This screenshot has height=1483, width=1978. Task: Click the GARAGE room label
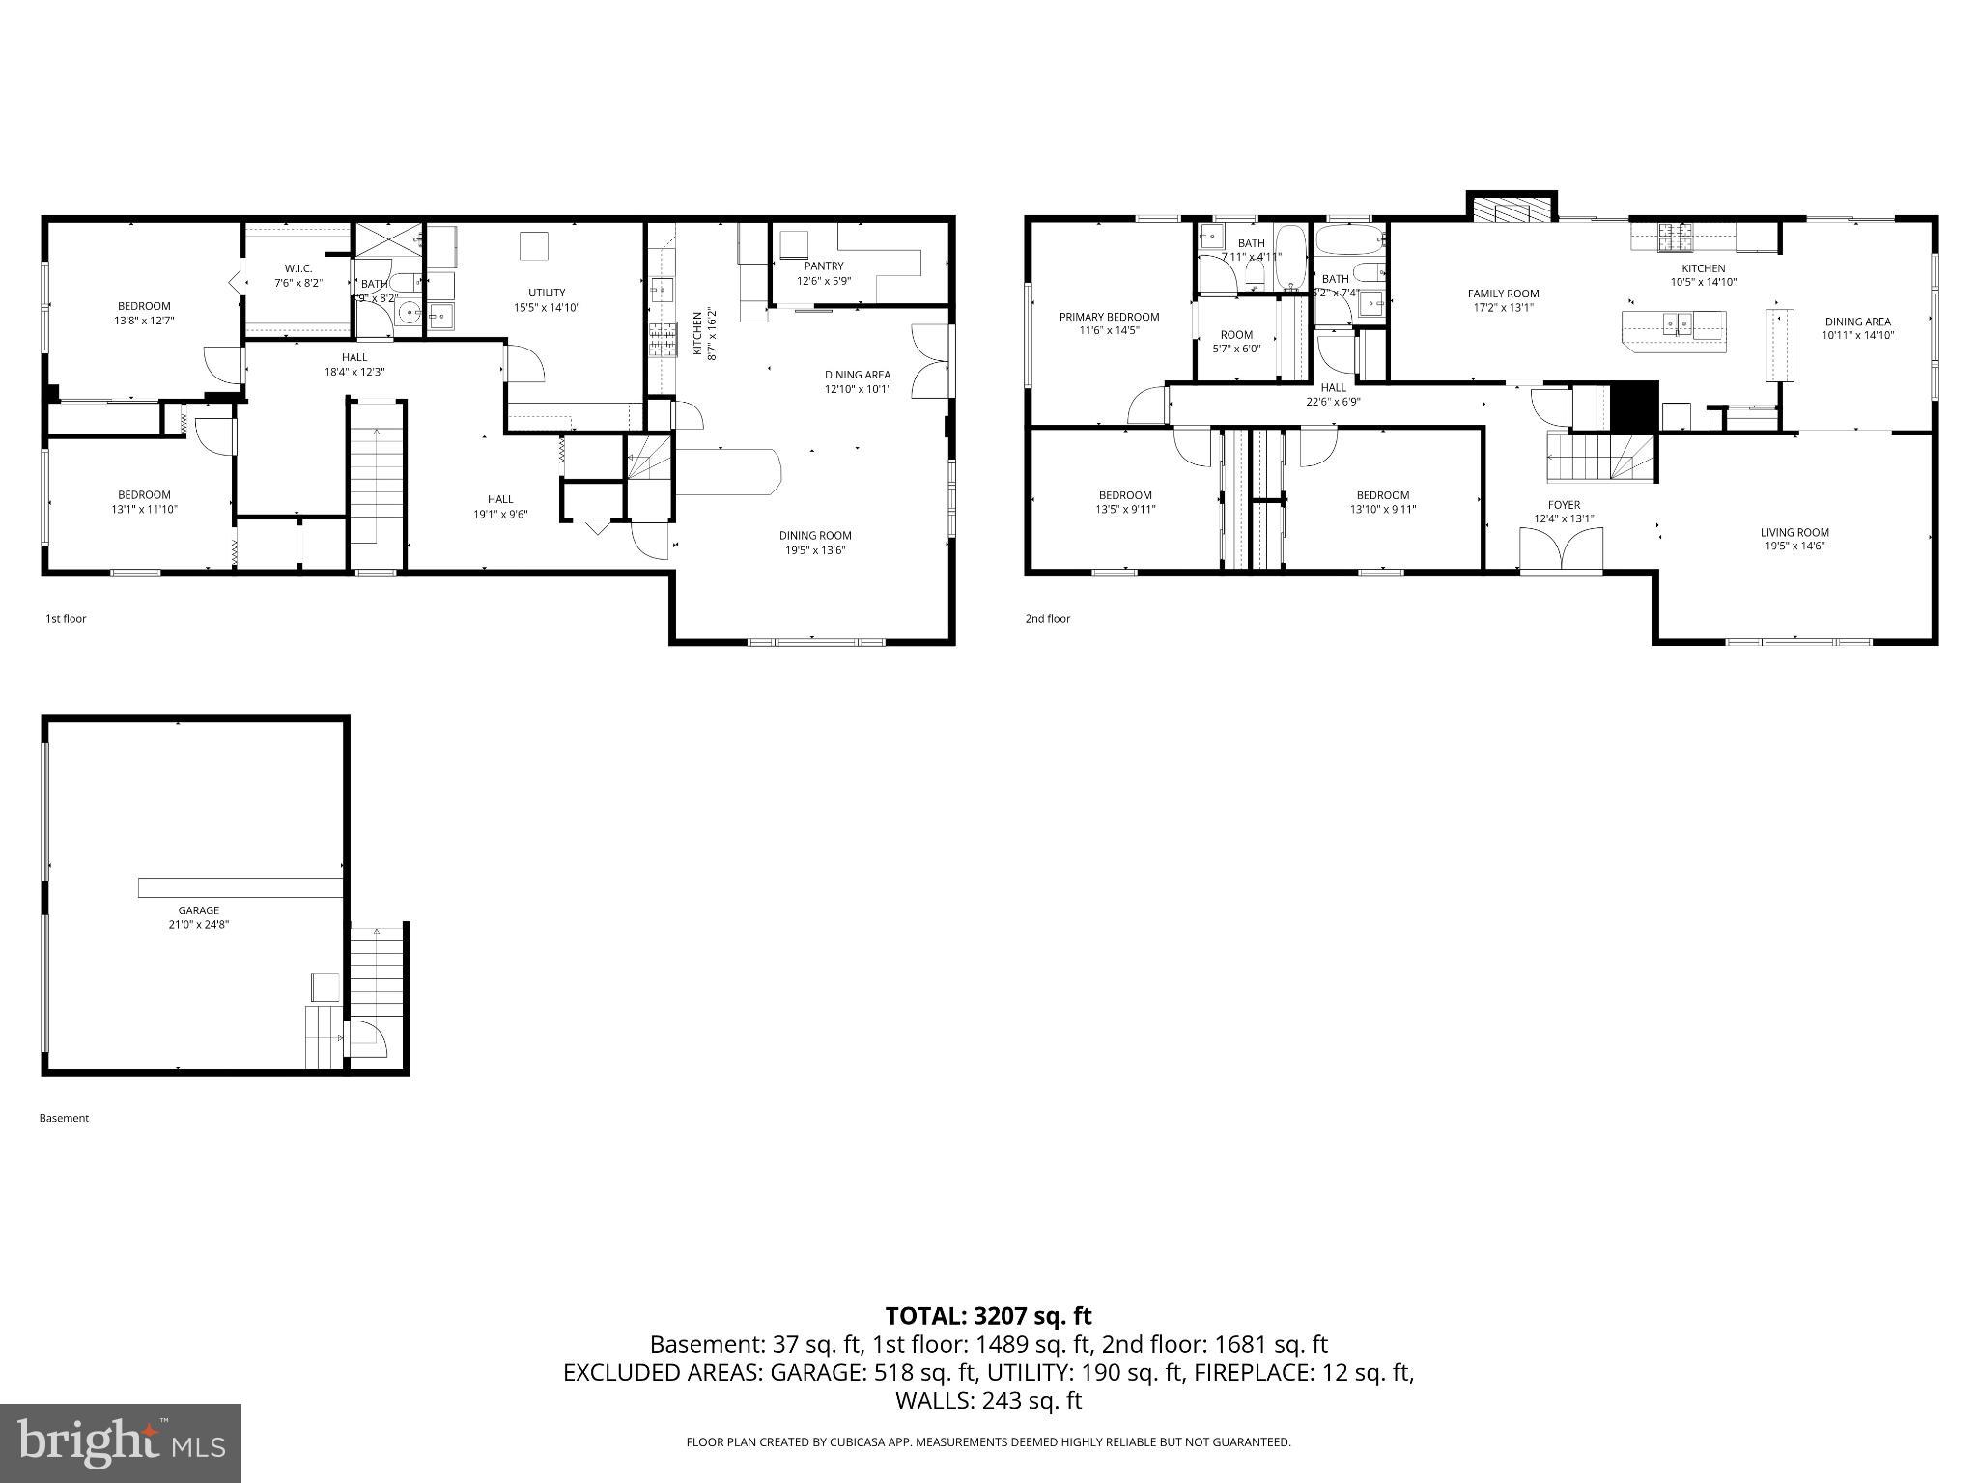point(198,910)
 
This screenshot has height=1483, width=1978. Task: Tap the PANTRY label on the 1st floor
point(824,266)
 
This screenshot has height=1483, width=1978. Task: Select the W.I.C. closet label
point(297,268)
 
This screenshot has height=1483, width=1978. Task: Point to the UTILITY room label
point(547,293)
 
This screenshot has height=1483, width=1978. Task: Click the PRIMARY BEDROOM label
point(1109,317)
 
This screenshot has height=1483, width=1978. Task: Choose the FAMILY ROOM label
point(1503,294)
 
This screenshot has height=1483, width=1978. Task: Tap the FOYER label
point(1564,505)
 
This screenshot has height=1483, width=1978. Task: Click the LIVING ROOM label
point(1794,532)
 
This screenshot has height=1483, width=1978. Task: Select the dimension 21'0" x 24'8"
point(198,925)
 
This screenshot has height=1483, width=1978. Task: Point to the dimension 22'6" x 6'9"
point(1333,402)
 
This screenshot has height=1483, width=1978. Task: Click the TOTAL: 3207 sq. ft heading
point(988,1315)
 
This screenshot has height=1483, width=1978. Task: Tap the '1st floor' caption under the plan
point(66,619)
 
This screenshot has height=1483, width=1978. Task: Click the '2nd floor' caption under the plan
point(1047,619)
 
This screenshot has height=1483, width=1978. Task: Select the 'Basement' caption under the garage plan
point(64,1118)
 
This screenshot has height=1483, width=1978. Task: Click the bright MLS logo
point(121,1442)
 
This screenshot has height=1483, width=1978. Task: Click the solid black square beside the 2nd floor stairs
point(1633,406)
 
